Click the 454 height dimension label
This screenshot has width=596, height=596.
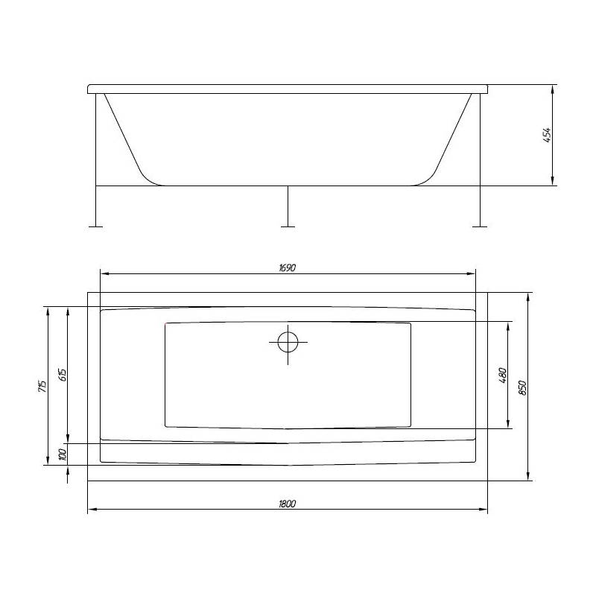click(547, 135)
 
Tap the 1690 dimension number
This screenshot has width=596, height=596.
click(288, 267)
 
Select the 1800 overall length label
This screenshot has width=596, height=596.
click(288, 504)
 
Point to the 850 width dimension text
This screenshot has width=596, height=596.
click(523, 387)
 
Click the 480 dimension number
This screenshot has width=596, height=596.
click(502, 375)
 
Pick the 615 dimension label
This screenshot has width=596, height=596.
click(63, 375)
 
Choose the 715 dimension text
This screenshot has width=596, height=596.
click(42, 386)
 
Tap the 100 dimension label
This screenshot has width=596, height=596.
click(63, 454)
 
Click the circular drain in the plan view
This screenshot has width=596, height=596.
click(288, 342)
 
